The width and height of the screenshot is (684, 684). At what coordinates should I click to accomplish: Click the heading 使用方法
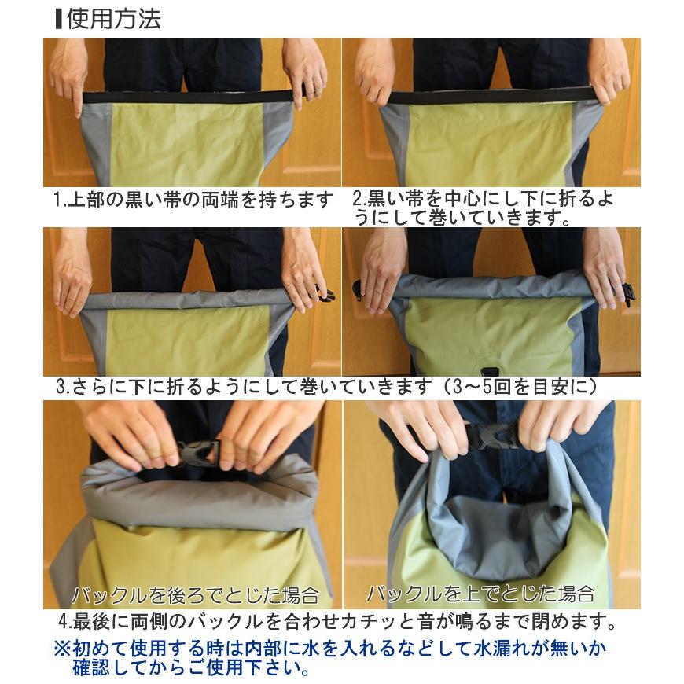point(114,19)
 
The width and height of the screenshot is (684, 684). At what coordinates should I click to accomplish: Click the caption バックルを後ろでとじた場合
point(194,594)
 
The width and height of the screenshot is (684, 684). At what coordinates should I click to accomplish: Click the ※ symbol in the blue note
point(62,649)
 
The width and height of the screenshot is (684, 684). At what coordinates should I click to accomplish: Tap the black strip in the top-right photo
point(489,97)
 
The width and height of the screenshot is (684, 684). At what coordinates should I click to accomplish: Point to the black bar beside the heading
point(59,19)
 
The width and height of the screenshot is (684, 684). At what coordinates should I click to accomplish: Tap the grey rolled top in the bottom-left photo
point(197,491)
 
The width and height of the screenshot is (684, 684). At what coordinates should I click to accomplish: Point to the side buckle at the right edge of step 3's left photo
point(326,294)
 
